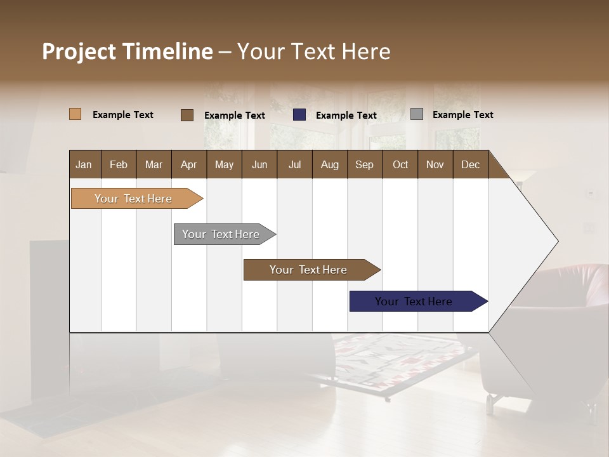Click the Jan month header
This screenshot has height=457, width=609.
point(84,164)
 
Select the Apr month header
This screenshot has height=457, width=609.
point(188,164)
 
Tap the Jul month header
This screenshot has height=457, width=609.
point(294,164)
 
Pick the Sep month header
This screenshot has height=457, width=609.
point(364,164)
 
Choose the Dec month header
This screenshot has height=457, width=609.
point(470,164)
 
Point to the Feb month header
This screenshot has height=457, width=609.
point(119,164)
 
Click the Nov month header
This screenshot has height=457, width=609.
point(435,164)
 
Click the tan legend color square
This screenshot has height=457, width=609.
point(75,114)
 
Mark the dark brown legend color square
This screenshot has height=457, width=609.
point(187,115)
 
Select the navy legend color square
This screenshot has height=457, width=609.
point(299,115)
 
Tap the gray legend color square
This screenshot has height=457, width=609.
point(417,114)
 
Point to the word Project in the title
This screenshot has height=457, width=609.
point(79,51)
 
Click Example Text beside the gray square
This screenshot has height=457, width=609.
point(462,114)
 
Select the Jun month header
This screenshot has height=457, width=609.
point(259,164)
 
